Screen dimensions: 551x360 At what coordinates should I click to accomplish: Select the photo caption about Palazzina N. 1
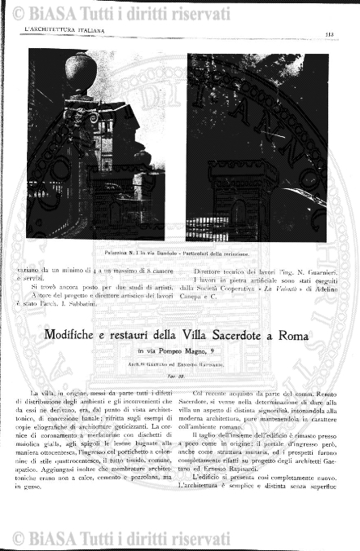(x=178, y=254)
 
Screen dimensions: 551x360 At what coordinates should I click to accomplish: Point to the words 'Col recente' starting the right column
(x=209, y=395)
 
